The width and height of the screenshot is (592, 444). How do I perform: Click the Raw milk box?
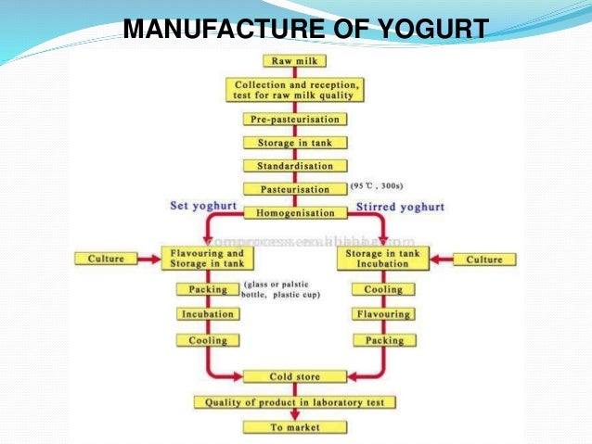(x=294, y=62)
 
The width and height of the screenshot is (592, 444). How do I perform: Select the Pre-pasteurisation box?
(x=294, y=120)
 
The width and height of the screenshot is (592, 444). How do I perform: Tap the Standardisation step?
(x=294, y=166)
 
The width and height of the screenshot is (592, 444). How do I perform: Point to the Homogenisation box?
(x=294, y=212)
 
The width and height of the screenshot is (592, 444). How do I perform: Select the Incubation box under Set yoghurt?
(x=207, y=314)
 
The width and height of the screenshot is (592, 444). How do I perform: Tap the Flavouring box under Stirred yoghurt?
(x=383, y=314)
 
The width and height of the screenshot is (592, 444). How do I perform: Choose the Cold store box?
(x=294, y=377)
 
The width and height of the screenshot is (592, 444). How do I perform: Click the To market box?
(x=294, y=427)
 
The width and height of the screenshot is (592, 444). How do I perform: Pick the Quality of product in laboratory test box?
(x=294, y=402)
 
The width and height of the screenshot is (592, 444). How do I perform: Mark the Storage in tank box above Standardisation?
(x=294, y=143)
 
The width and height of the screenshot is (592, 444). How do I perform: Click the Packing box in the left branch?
(x=207, y=289)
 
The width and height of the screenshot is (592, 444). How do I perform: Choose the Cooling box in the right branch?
(x=383, y=289)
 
